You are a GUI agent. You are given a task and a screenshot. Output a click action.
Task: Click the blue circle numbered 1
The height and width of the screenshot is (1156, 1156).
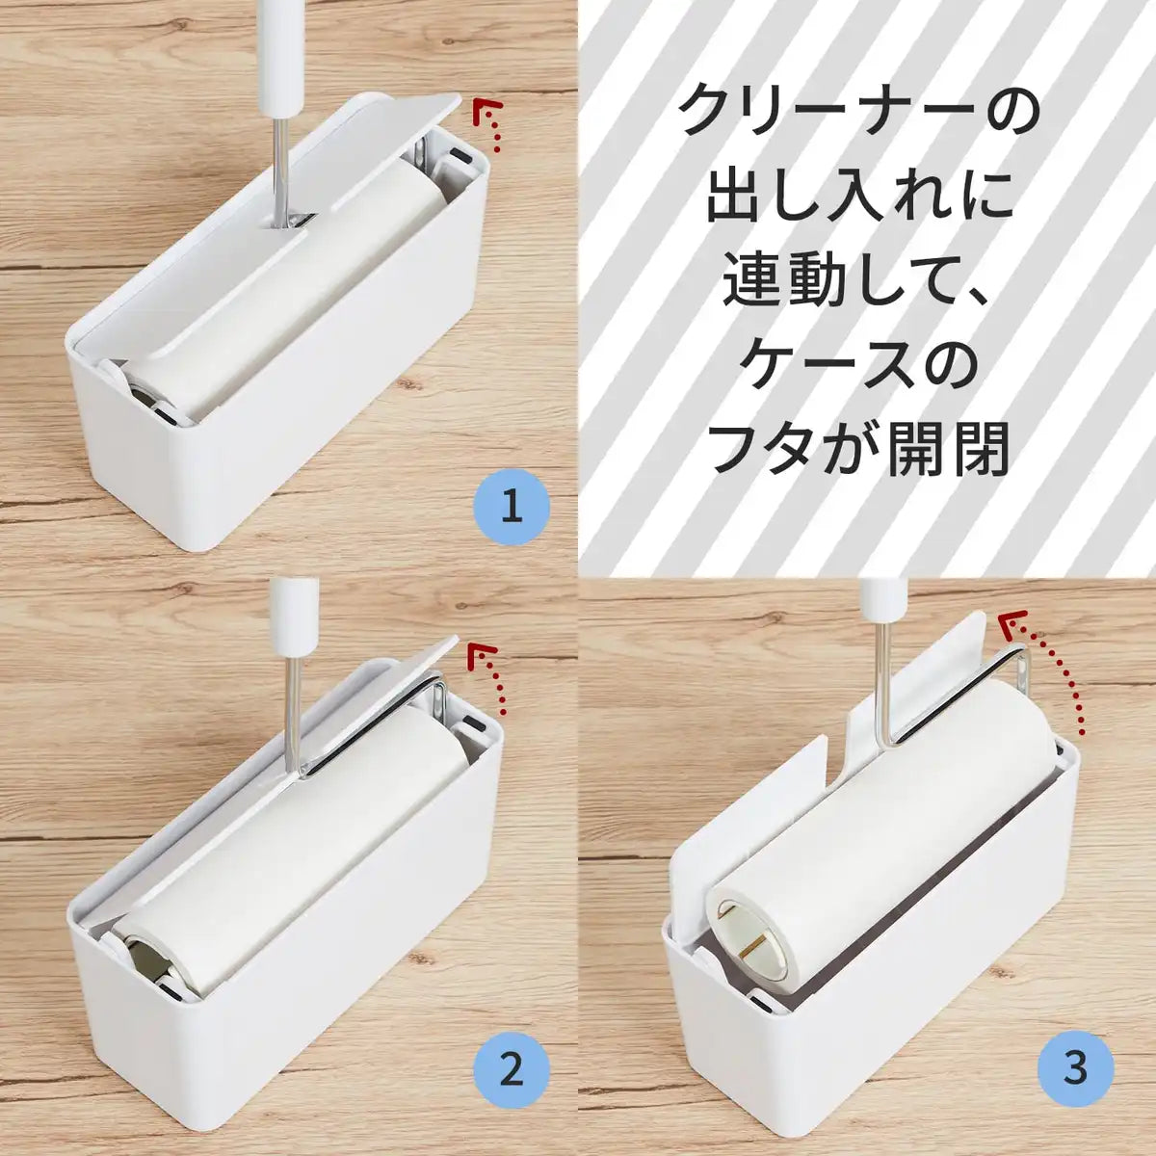pos(512,505)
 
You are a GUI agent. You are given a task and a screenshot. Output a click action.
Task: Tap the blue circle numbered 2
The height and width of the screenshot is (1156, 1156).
pos(512,1068)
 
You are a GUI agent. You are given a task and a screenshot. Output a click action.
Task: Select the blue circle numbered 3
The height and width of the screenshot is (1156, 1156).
pos(1076,1068)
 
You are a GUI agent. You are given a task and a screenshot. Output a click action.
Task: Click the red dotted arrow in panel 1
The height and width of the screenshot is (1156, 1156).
pos(491,122)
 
